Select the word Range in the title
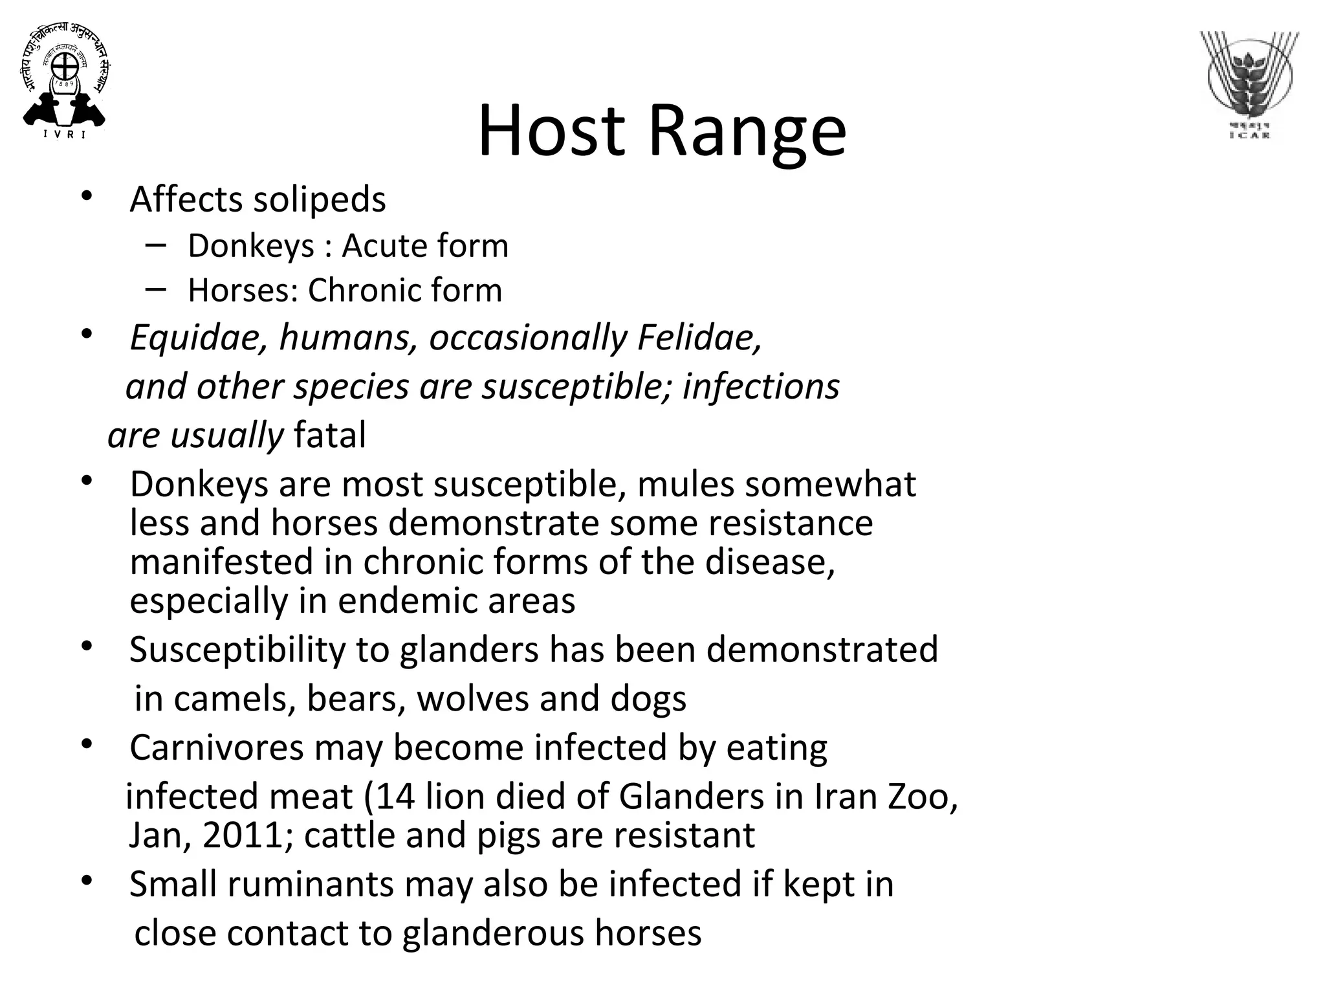click(x=747, y=132)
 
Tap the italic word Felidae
click(x=699, y=338)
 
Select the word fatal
click(x=330, y=435)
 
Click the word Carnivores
click(x=217, y=748)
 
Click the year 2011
click(x=243, y=835)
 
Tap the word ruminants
click(x=311, y=885)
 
